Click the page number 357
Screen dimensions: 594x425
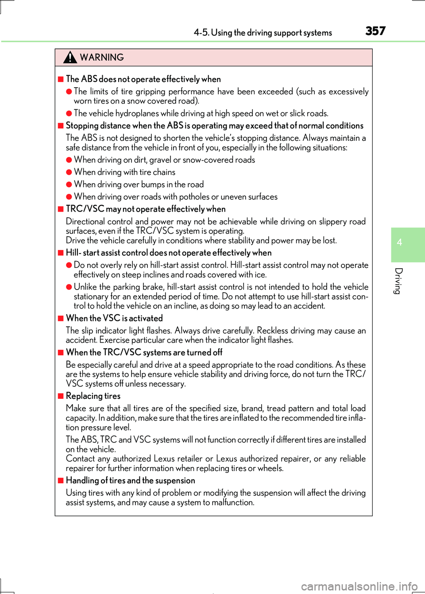pos(375,31)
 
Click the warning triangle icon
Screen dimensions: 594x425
pos(70,57)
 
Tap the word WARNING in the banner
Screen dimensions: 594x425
pos(102,58)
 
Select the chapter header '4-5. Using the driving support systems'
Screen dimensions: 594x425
pos(263,33)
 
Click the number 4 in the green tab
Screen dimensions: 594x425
pos(399,242)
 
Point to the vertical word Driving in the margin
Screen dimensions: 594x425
pos(398,281)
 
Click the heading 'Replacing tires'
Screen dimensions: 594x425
pos(93,396)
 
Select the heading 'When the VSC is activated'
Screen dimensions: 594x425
pos(114,318)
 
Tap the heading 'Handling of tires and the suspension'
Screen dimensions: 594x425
pos(130,481)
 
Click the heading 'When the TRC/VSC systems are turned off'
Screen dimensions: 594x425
pos(144,352)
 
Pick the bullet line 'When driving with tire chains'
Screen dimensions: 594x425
pos(124,172)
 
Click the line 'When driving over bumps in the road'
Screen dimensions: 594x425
pos(139,185)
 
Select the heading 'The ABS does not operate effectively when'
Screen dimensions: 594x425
pos(143,79)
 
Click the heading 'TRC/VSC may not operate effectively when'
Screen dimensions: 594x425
pos(146,209)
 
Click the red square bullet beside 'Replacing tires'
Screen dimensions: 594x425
pos(61,396)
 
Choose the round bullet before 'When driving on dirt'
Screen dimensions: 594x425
pos(69,160)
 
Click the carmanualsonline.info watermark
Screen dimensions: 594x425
pos(359,586)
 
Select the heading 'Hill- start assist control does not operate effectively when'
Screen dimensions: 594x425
pos(169,253)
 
